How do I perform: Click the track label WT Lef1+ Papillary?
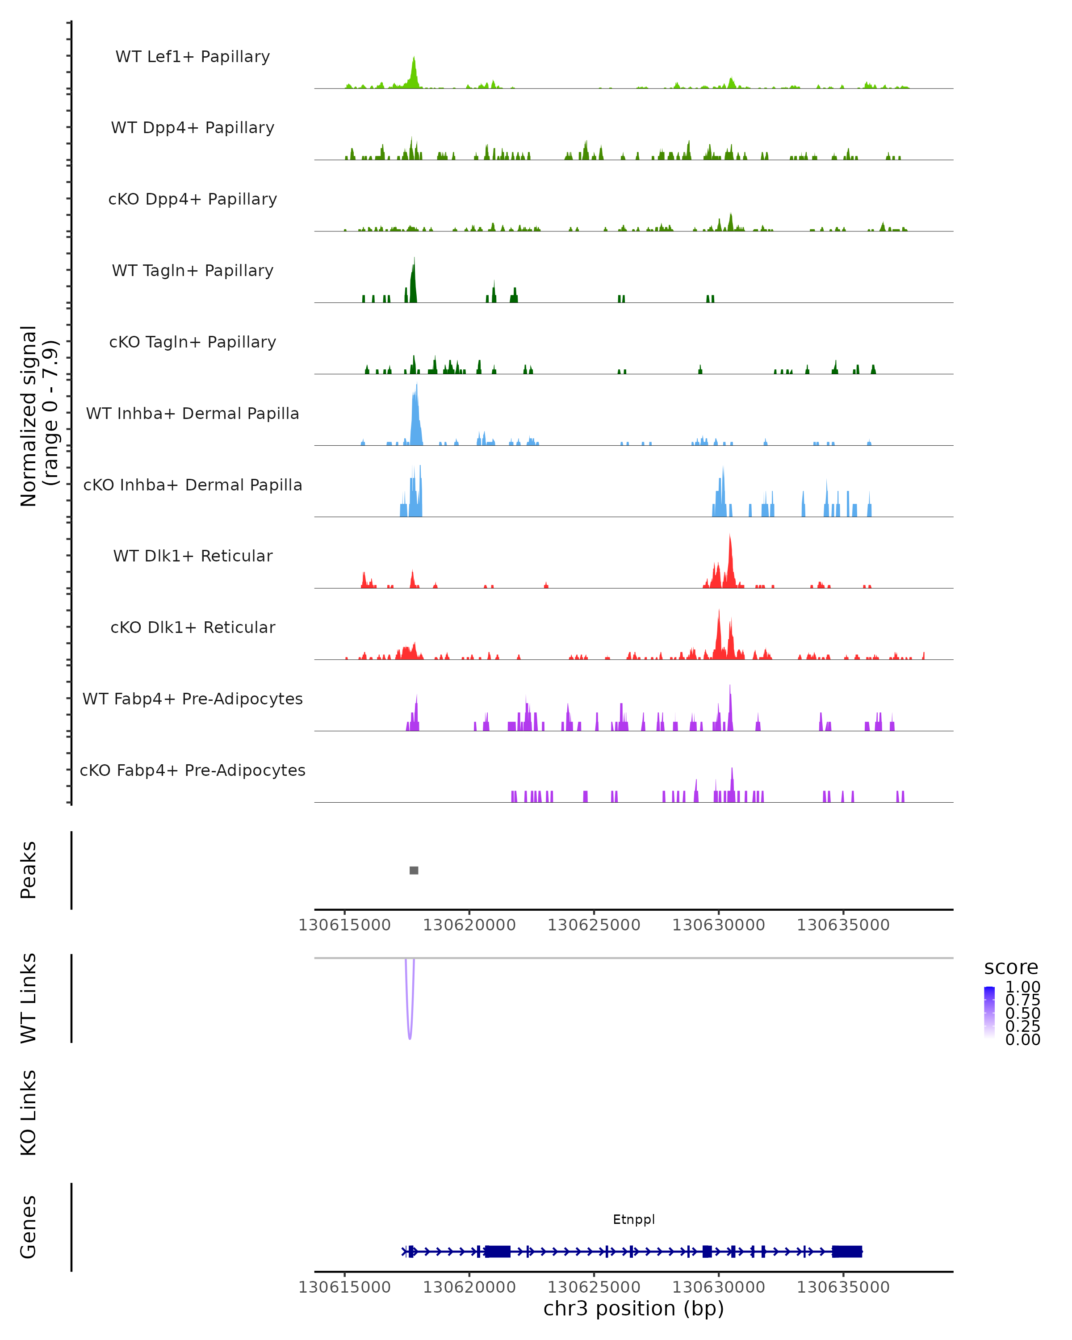click(x=193, y=57)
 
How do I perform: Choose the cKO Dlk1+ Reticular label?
click(x=193, y=627)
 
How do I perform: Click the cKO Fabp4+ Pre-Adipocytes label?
click(x=193, y=770)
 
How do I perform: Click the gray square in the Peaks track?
click(x=414, y=870)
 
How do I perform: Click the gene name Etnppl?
click(x=634, y=1219)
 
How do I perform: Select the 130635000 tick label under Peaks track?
click(x=843, y=925)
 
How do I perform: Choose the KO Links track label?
click(x=29, y=1113)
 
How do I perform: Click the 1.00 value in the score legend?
click(x=1023, y=987)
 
